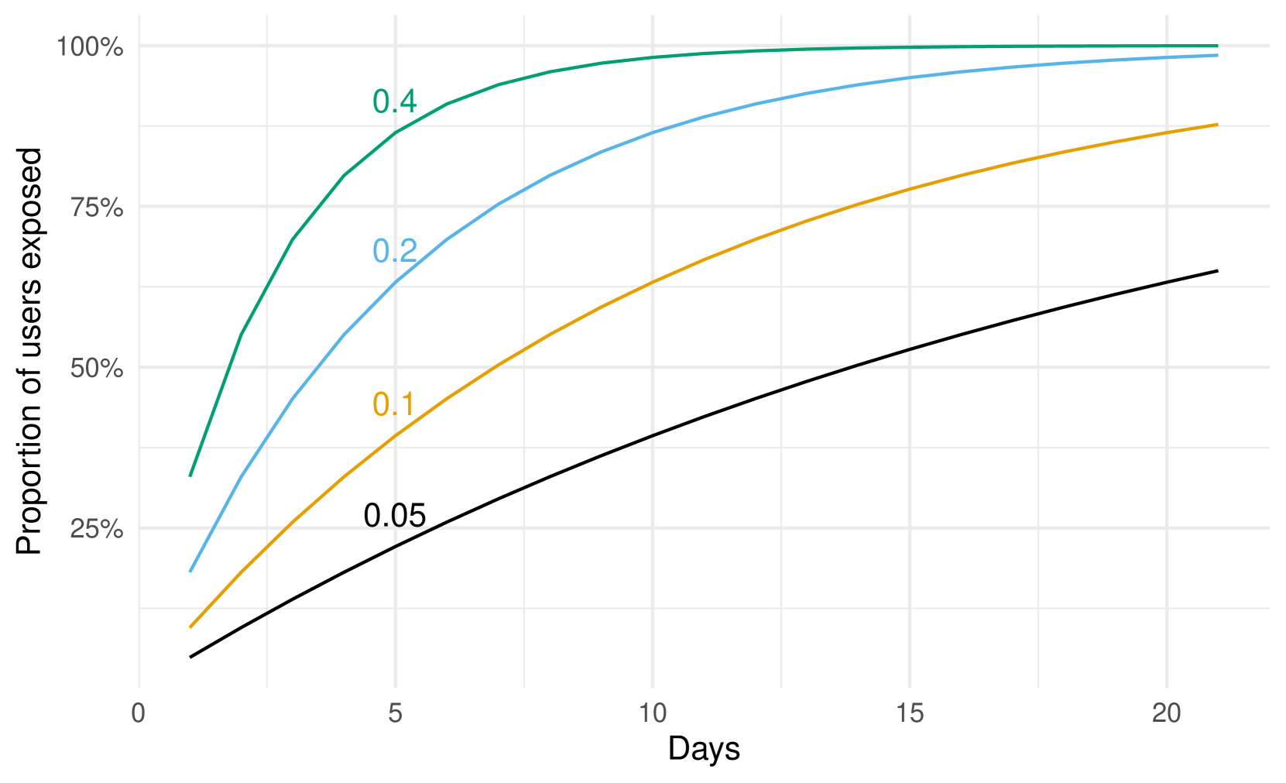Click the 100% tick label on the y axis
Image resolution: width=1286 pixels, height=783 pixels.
(90, 47)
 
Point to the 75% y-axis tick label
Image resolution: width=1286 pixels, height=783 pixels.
(97, 208)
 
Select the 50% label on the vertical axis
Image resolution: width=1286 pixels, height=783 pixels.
(97, 369)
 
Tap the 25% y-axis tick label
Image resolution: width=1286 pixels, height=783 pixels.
(97, 529)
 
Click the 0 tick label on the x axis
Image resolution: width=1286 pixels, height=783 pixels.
(139, 713)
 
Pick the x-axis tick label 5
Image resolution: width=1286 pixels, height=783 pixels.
(396, 713)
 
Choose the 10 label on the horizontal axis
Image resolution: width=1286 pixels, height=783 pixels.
(653, 713)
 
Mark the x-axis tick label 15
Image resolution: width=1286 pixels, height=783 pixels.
(910, 713)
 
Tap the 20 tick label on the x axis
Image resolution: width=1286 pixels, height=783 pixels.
(1167, 713)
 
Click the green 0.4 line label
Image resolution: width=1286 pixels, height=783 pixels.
(395, 101)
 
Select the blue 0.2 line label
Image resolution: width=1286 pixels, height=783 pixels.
(395, 251)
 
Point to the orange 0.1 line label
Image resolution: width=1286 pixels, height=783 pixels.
(393, 404)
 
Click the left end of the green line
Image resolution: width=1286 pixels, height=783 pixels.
(190, 476)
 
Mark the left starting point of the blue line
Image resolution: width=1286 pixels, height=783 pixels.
(190, 572)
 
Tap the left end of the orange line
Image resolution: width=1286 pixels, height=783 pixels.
(190, 627)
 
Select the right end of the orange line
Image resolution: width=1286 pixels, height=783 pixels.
(1218, 124)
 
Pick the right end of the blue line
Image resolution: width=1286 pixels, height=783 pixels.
(1218, 56)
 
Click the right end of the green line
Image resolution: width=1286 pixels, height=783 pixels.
(1218, 46)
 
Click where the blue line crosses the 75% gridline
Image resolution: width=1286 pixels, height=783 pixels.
(496, 206)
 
